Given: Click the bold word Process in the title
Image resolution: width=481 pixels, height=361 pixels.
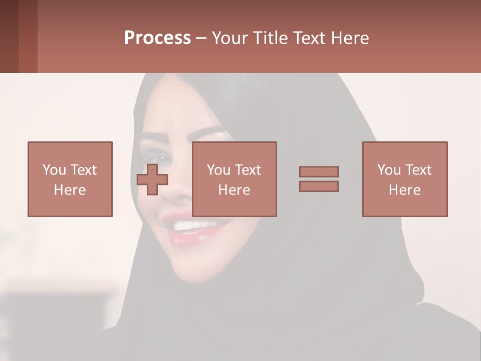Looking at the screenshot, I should coord(157,38).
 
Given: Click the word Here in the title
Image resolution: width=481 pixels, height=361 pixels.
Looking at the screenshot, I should coord(349,38).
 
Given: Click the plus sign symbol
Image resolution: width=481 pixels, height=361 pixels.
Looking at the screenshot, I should coord(152,179).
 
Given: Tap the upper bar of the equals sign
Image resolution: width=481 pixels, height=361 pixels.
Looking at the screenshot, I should coord(319,171).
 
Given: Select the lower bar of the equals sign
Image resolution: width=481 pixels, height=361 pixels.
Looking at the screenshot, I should coord(319,186).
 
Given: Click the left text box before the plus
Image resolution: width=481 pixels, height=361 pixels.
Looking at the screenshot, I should coord(70,179).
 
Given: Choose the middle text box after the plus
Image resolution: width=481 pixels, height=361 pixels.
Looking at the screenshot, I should coord(234,179).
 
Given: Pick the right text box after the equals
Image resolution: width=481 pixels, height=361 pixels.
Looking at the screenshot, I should coord(404,179).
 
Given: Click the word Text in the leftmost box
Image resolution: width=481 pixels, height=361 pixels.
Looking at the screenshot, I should coord(83,170).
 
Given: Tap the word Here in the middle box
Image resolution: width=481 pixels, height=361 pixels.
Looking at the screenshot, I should coord(234,190).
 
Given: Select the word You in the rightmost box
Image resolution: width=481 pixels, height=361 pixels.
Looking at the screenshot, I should coord(389,170).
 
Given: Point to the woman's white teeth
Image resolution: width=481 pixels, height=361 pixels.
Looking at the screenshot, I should coord(193,225).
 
